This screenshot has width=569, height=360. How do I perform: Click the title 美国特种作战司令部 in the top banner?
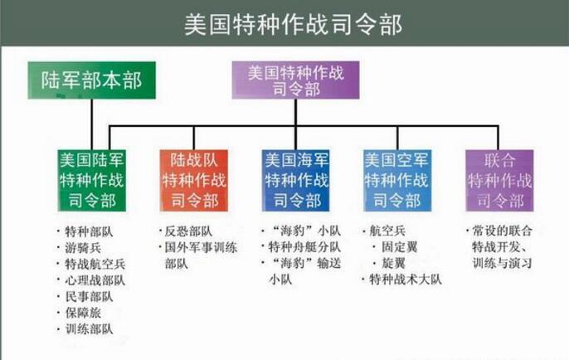[x=294, y=25]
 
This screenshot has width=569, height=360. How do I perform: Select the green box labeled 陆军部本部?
[x=92, y=80]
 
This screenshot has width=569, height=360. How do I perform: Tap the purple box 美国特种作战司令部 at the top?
[x=296, y=80]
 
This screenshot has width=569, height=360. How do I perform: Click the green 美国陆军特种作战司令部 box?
[x=92, y=180]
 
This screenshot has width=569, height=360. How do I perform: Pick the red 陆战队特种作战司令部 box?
[x=194, y=180]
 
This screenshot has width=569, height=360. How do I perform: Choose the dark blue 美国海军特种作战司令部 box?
[x=296, y=180]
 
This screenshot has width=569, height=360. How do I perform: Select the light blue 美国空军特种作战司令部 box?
[x=397, y=180]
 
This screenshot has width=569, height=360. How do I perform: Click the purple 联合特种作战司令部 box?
[x=499, y=180]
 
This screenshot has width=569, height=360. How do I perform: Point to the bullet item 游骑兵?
[x=83, y=248]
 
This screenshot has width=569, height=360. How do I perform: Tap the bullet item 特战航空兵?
[x=95, y=264]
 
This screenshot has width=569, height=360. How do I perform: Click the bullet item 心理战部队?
[x=95, y=280]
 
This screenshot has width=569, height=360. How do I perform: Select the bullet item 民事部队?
[x=90, y=296]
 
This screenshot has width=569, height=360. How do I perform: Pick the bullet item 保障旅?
[x=83, y=313]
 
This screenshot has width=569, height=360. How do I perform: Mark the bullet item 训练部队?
[x=90, y=328]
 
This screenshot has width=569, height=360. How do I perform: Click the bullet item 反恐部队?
[x=189, y=231]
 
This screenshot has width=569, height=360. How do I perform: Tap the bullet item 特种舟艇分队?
[x=304, y=247]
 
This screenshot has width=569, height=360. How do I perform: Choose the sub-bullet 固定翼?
[x=400, y=247]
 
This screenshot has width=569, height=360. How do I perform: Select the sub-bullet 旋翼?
[x=394, y=263]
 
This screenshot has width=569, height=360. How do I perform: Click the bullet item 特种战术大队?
[x=406, y=280]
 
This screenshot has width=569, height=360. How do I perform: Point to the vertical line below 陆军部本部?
[x=92, y=124]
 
